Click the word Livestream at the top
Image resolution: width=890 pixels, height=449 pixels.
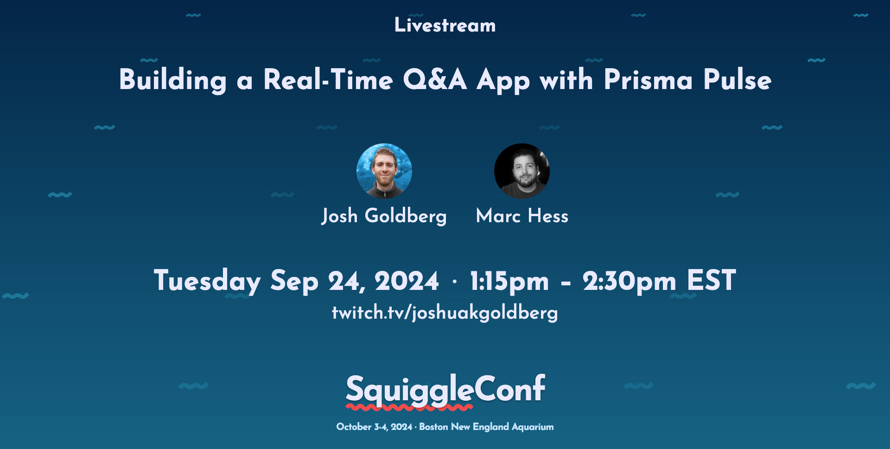(x=445, y=25)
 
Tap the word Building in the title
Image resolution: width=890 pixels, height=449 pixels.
(x=173, y=80)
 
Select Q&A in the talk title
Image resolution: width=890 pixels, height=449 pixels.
(x=435, y=80)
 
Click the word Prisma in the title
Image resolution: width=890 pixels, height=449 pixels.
(x=648, y=80)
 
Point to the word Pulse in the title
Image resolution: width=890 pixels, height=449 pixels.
(x=737, y=80)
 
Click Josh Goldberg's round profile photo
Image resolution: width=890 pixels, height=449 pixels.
(x=384, y=171)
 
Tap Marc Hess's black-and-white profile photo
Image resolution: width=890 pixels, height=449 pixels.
(x=522, y=171)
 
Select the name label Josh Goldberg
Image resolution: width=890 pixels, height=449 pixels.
(x=384, y=217)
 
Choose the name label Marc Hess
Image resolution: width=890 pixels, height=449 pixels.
(x=522, y=216)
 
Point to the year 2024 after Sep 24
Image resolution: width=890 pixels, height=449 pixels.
(x=407, y=281)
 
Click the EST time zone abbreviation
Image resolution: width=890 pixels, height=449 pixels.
(x=712, y=280)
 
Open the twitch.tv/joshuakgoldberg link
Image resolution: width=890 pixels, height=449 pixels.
(x=445, y=313)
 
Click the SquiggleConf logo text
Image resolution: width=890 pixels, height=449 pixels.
(x=445, y=390)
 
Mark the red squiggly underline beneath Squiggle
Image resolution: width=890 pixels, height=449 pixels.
(x=409, y=408)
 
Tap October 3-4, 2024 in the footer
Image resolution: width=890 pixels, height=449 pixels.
(x=374, y=427)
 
